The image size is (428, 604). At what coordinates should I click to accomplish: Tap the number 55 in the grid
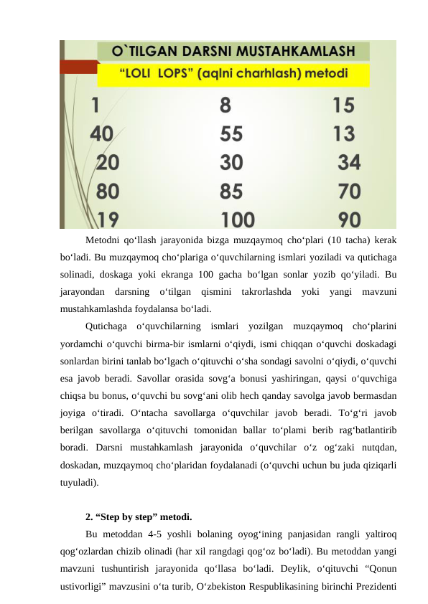(x=231, y=133)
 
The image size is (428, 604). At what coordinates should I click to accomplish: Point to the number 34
(x=349, y=162)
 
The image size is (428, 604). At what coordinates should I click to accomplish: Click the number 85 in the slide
(x=231, y=191)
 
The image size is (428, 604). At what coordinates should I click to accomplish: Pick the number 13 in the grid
(x=344, y=133)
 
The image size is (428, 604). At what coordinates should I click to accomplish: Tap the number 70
(x=349, y=191)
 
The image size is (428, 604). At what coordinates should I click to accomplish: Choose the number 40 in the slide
(x=101, y=133)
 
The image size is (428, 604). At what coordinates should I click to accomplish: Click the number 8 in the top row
(x=225, y=105)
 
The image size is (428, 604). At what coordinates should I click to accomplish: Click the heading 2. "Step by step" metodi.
(x=138, y=516)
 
